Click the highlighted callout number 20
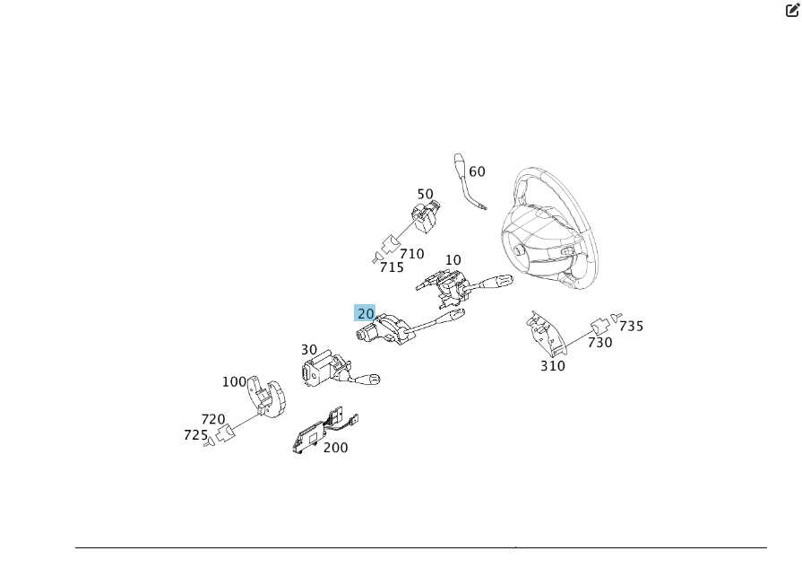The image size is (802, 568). tap(365, 313)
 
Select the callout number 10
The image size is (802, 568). tap(453, 260)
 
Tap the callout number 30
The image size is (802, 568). tap(309, 350)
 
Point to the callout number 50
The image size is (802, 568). tap(425, 194)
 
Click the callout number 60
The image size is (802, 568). tap(477, 172)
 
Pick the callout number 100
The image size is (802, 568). tap(234, 381)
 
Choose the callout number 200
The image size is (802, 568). tap(336, 448)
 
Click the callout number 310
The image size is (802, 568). tap(553, 365)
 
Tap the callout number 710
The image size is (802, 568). tap(412, 254)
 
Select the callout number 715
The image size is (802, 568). tap(392, 267)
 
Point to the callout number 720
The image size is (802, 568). tap(213, 419)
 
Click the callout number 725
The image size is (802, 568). tap(196, 435)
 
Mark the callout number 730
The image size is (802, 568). tap(600, 342)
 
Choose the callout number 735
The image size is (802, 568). tap(632, 326)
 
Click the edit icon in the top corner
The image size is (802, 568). tap(792, 11)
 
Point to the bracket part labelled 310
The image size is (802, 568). tap(545, 334)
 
